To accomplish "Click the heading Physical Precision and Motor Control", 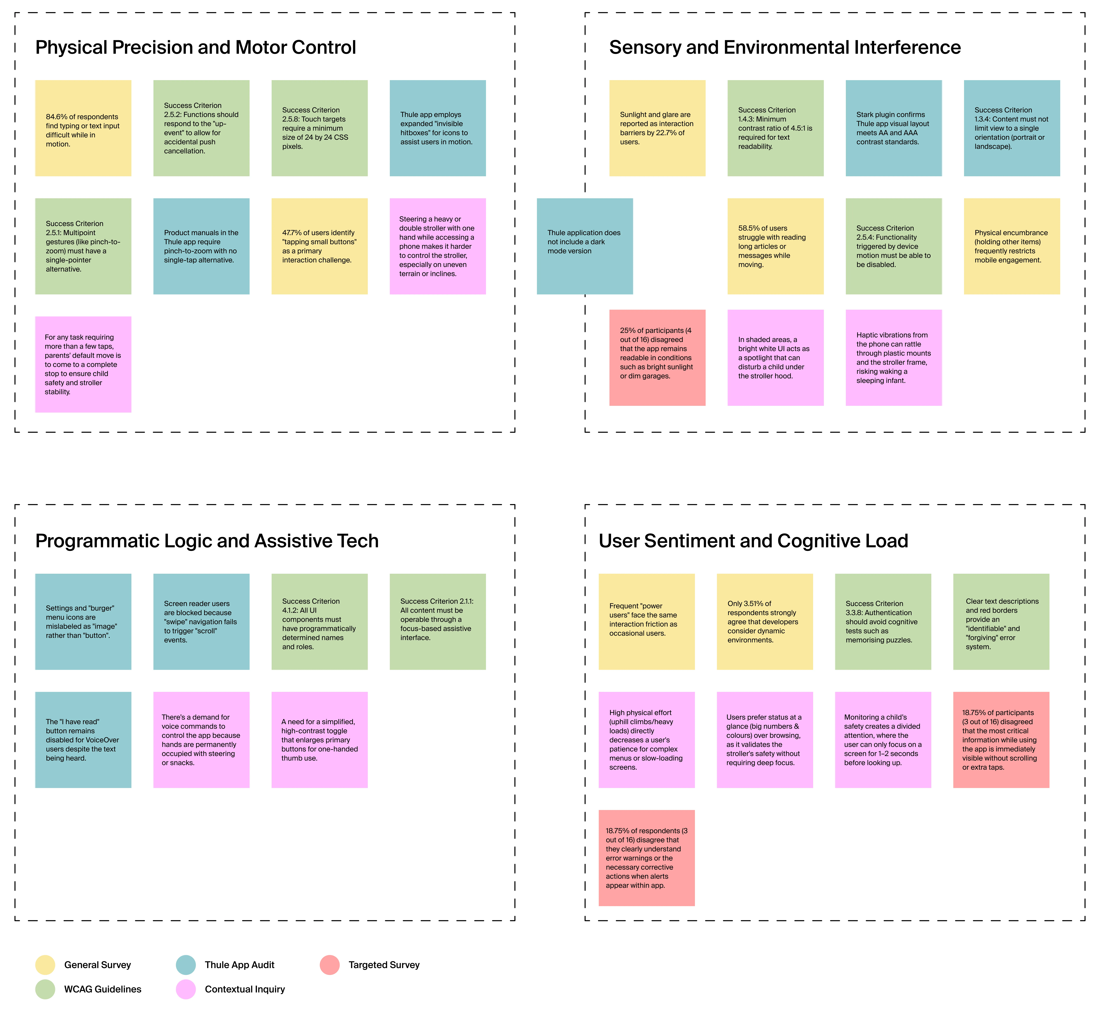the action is (x=195, y=48).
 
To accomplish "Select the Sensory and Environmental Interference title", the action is (x=785, y=48).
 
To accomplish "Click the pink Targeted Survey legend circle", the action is (x=330, y=965).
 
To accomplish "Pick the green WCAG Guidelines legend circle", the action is (x=45, y=989).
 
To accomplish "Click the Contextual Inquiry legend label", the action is (x=245, y=989).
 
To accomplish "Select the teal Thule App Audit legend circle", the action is (x=186, y=965).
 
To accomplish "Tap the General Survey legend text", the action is (x=97, y=965).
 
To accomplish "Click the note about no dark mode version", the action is (x=585, y=246).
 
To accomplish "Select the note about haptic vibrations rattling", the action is (x=894, y=358).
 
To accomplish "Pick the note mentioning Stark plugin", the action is (x=894, y=128).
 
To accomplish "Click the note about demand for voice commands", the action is (x=201, y=740).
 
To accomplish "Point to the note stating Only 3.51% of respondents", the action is (x=765, y=622).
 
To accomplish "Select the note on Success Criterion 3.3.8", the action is (x=883, y=622).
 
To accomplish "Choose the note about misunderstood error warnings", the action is (x=647, y=858).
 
